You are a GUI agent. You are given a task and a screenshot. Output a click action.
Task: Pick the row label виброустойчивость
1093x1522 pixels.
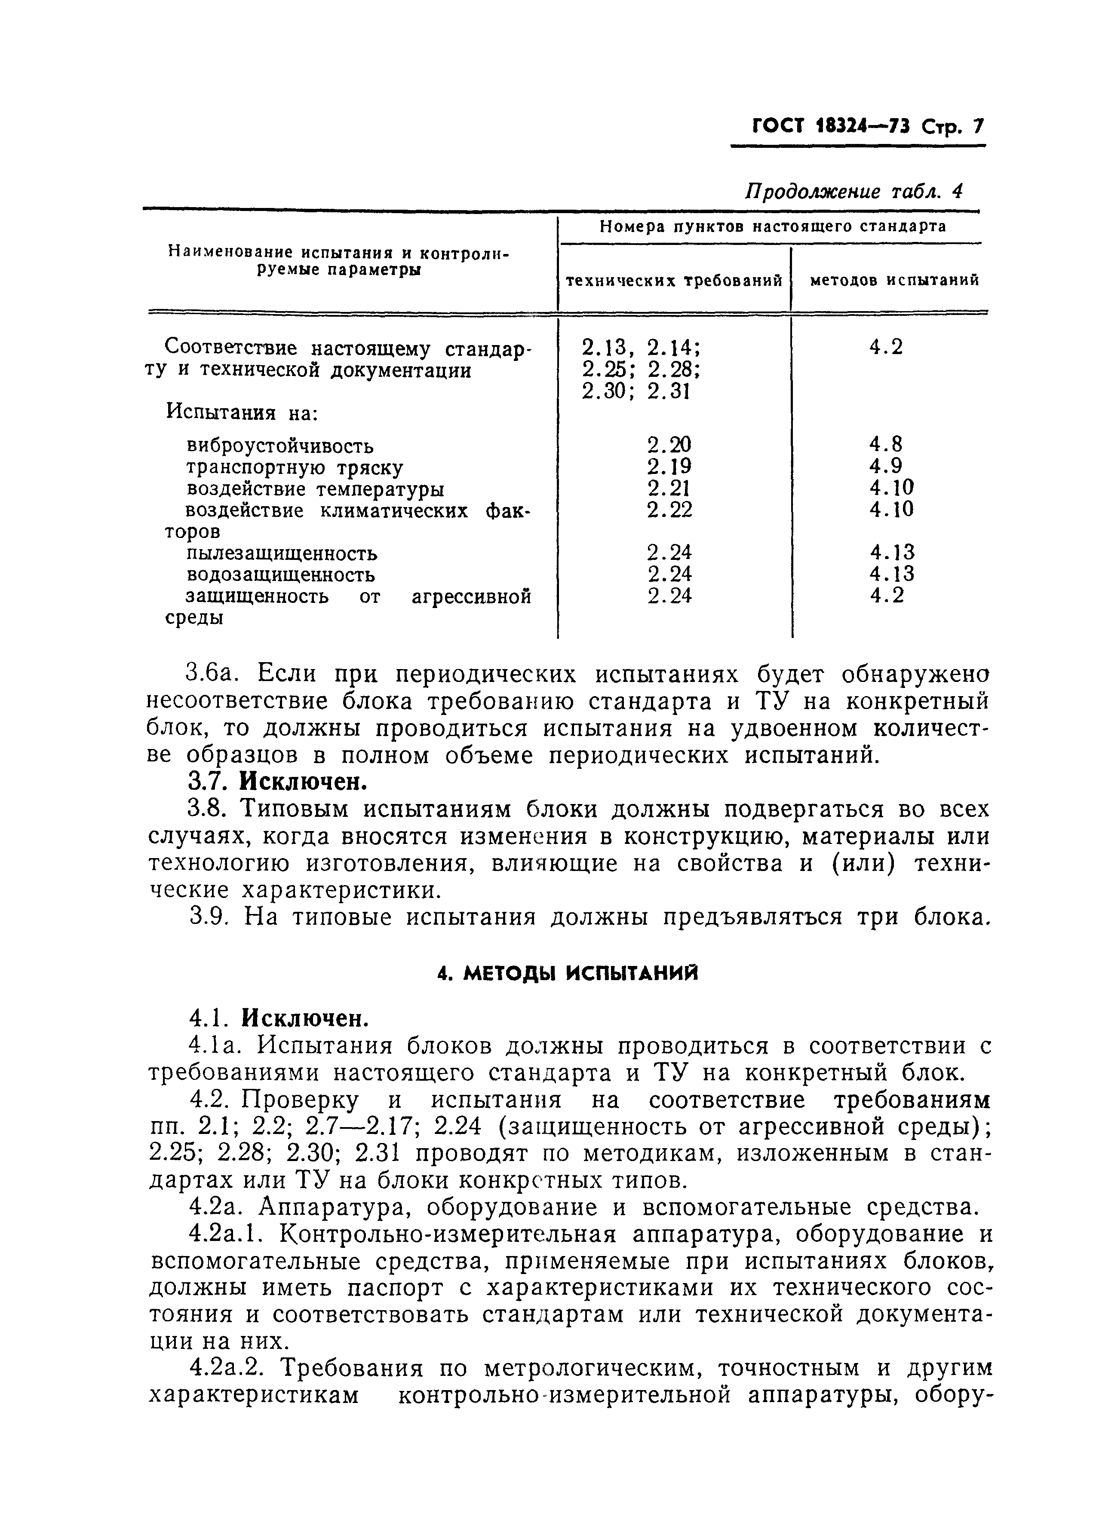coord(280,446)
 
